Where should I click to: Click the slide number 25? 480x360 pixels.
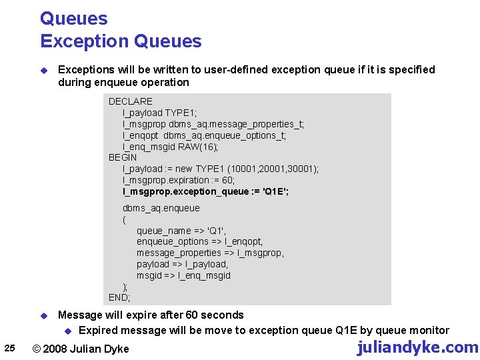pyautogui.click(x=9, y=347)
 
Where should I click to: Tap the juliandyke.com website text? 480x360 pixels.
pyautogui.click(x=417, y=347)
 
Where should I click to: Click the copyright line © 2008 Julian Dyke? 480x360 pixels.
pyautogui.click(x=81, y=349)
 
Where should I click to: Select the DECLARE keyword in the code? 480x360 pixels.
pyautogui.click(x=131, y=101)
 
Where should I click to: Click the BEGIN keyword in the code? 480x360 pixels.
pyautogui.click(x=123, y=157)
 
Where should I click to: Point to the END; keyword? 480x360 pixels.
pyautogui.click(x=119, y=297)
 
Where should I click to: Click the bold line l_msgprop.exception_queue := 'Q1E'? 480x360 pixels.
pyautogui.click(x=205, y=191)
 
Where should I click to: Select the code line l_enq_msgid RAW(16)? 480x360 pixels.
pyautogui.click(x=170, y=147)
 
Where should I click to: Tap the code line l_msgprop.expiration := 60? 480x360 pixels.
pyautogui.click(x=179, y=180)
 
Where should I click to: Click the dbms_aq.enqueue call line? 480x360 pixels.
pyautogui.click(x=161, y=208)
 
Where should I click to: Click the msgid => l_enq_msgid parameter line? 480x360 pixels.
pyautogui.click(x=183, y=275)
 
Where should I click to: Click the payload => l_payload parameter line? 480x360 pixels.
pyautogui.click(x=182, y=264)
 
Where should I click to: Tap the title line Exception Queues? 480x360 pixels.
pyautogui.click(x=121, y=41)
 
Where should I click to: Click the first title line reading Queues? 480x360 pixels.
pyautogui.click(x=73, y=19)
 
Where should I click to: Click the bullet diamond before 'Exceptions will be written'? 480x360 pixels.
pyautogui.click(x=43, y=70)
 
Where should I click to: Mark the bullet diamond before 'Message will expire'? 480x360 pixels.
pyautogui.click(x=43, y=315)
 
